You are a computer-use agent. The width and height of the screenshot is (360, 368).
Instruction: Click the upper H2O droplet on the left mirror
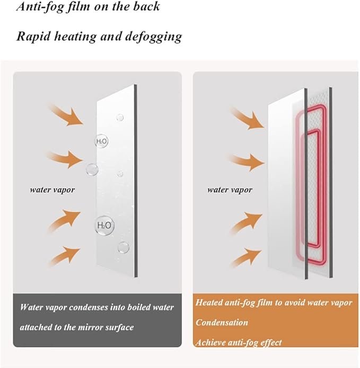[101, 141]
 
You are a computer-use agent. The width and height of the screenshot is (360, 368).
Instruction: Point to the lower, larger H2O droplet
[104, 226]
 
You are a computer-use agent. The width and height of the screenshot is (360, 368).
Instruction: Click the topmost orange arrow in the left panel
[66, 115]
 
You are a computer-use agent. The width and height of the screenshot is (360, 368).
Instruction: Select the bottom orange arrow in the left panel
[64, 256]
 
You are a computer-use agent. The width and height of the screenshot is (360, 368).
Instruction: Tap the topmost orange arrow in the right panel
[248, 119]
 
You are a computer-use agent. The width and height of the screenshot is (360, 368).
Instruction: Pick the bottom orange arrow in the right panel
[246, 258]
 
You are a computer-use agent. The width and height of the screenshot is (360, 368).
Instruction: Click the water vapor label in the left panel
[52, 190]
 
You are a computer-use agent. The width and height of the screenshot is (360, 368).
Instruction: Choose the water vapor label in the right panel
[230, 190]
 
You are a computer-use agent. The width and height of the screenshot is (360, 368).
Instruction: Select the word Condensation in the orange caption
[222, 322]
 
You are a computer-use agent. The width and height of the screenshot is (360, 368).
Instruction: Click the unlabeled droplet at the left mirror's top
[120, 118]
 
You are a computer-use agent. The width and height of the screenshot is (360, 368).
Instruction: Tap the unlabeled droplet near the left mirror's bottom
[124, 247]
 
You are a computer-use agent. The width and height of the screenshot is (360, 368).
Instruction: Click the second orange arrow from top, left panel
[65, 159]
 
